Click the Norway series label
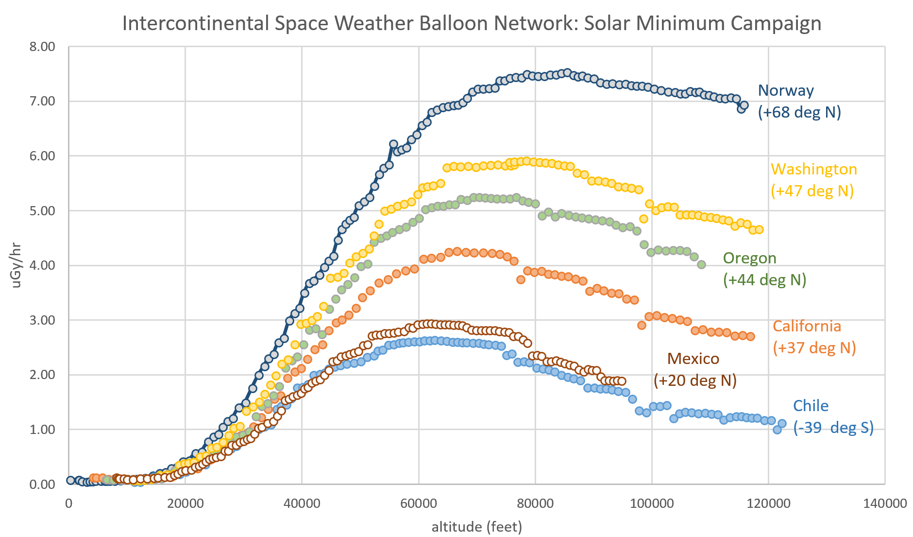click(785, 90)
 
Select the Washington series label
click(813, 169)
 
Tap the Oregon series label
click(749, 258)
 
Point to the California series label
click(807, 326)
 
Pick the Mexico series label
click(693, 359)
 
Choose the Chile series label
click(811, 406)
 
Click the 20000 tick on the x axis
click(185, 503)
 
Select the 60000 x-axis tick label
click(418, 503)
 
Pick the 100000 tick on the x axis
click(651, 503)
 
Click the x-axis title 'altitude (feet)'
click(476, 526)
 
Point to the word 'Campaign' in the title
click(776, 23)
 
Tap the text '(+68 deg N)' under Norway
click(799, 112)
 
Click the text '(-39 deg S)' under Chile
click(833, 428)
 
